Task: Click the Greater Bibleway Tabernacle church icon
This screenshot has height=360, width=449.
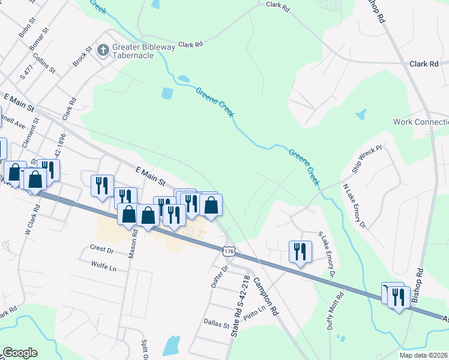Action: click(103, 50)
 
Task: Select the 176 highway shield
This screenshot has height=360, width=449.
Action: click(227, 251)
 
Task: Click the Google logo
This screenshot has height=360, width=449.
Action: click(20, 353)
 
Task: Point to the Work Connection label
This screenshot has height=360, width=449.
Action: click(421, 122)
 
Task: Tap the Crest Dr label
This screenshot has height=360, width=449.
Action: click(101, 248)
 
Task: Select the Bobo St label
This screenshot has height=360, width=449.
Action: click(26, 28)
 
